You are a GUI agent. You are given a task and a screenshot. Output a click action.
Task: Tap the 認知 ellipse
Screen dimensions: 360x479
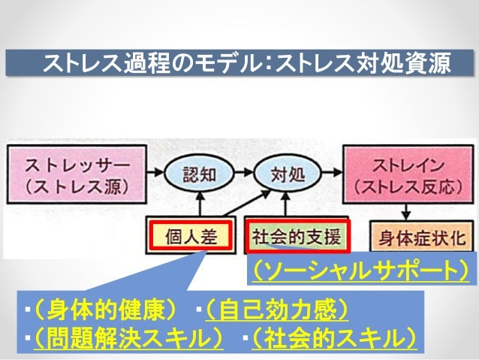pos(199,174)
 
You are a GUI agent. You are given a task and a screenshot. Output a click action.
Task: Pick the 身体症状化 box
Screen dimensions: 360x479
pos(422,238)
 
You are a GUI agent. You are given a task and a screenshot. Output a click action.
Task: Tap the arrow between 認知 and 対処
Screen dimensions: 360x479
pos(245,173)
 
